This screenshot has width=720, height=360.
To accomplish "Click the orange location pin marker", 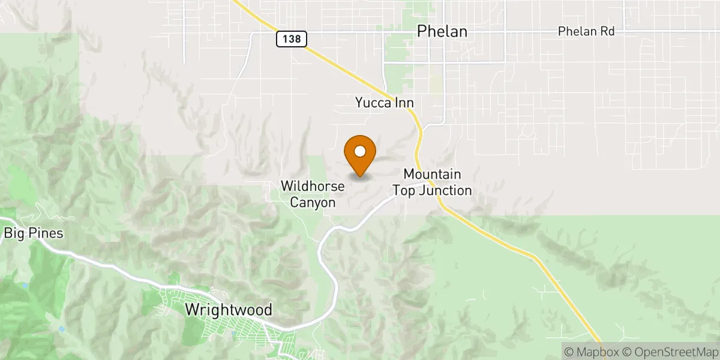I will [x=360, y=155].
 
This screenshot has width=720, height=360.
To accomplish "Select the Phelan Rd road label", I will [x=586, y=31].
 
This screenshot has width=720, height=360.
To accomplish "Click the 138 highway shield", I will [x=292, y=40].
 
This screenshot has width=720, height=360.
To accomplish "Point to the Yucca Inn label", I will [x=384, y=103].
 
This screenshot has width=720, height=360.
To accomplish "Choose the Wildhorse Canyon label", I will [x=313, y=194].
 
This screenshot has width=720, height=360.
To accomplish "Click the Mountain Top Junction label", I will [x=432, y=182].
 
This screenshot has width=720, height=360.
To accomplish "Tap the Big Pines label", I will [x=34, y=233].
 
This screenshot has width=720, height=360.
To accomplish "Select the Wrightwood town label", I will [x=229, y=310].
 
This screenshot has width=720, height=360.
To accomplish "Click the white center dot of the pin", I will [x=360, y=151].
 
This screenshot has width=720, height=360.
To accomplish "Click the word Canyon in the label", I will [x=313, y=203].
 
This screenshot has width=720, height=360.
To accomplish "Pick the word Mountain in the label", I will [x=432, y=174].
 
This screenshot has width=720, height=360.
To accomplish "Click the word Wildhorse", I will [x=313, y=187].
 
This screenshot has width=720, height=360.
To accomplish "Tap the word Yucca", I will [x=373, y=103].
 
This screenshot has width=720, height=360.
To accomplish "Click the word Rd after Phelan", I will [x=607, y=31].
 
